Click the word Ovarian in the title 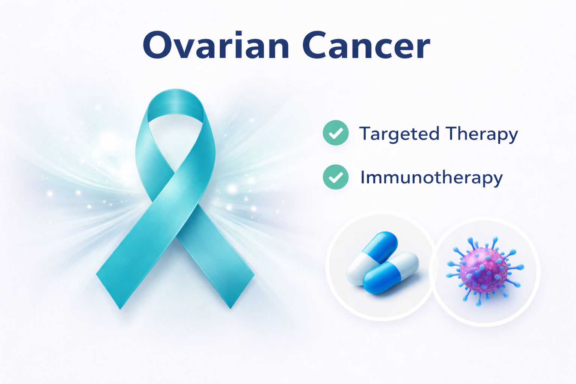(216, 45)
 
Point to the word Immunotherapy (431, 178)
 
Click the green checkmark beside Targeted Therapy (336, 133)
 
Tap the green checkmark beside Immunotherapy (336, 177)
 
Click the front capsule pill (391, 273)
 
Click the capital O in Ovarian (157, 45)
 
